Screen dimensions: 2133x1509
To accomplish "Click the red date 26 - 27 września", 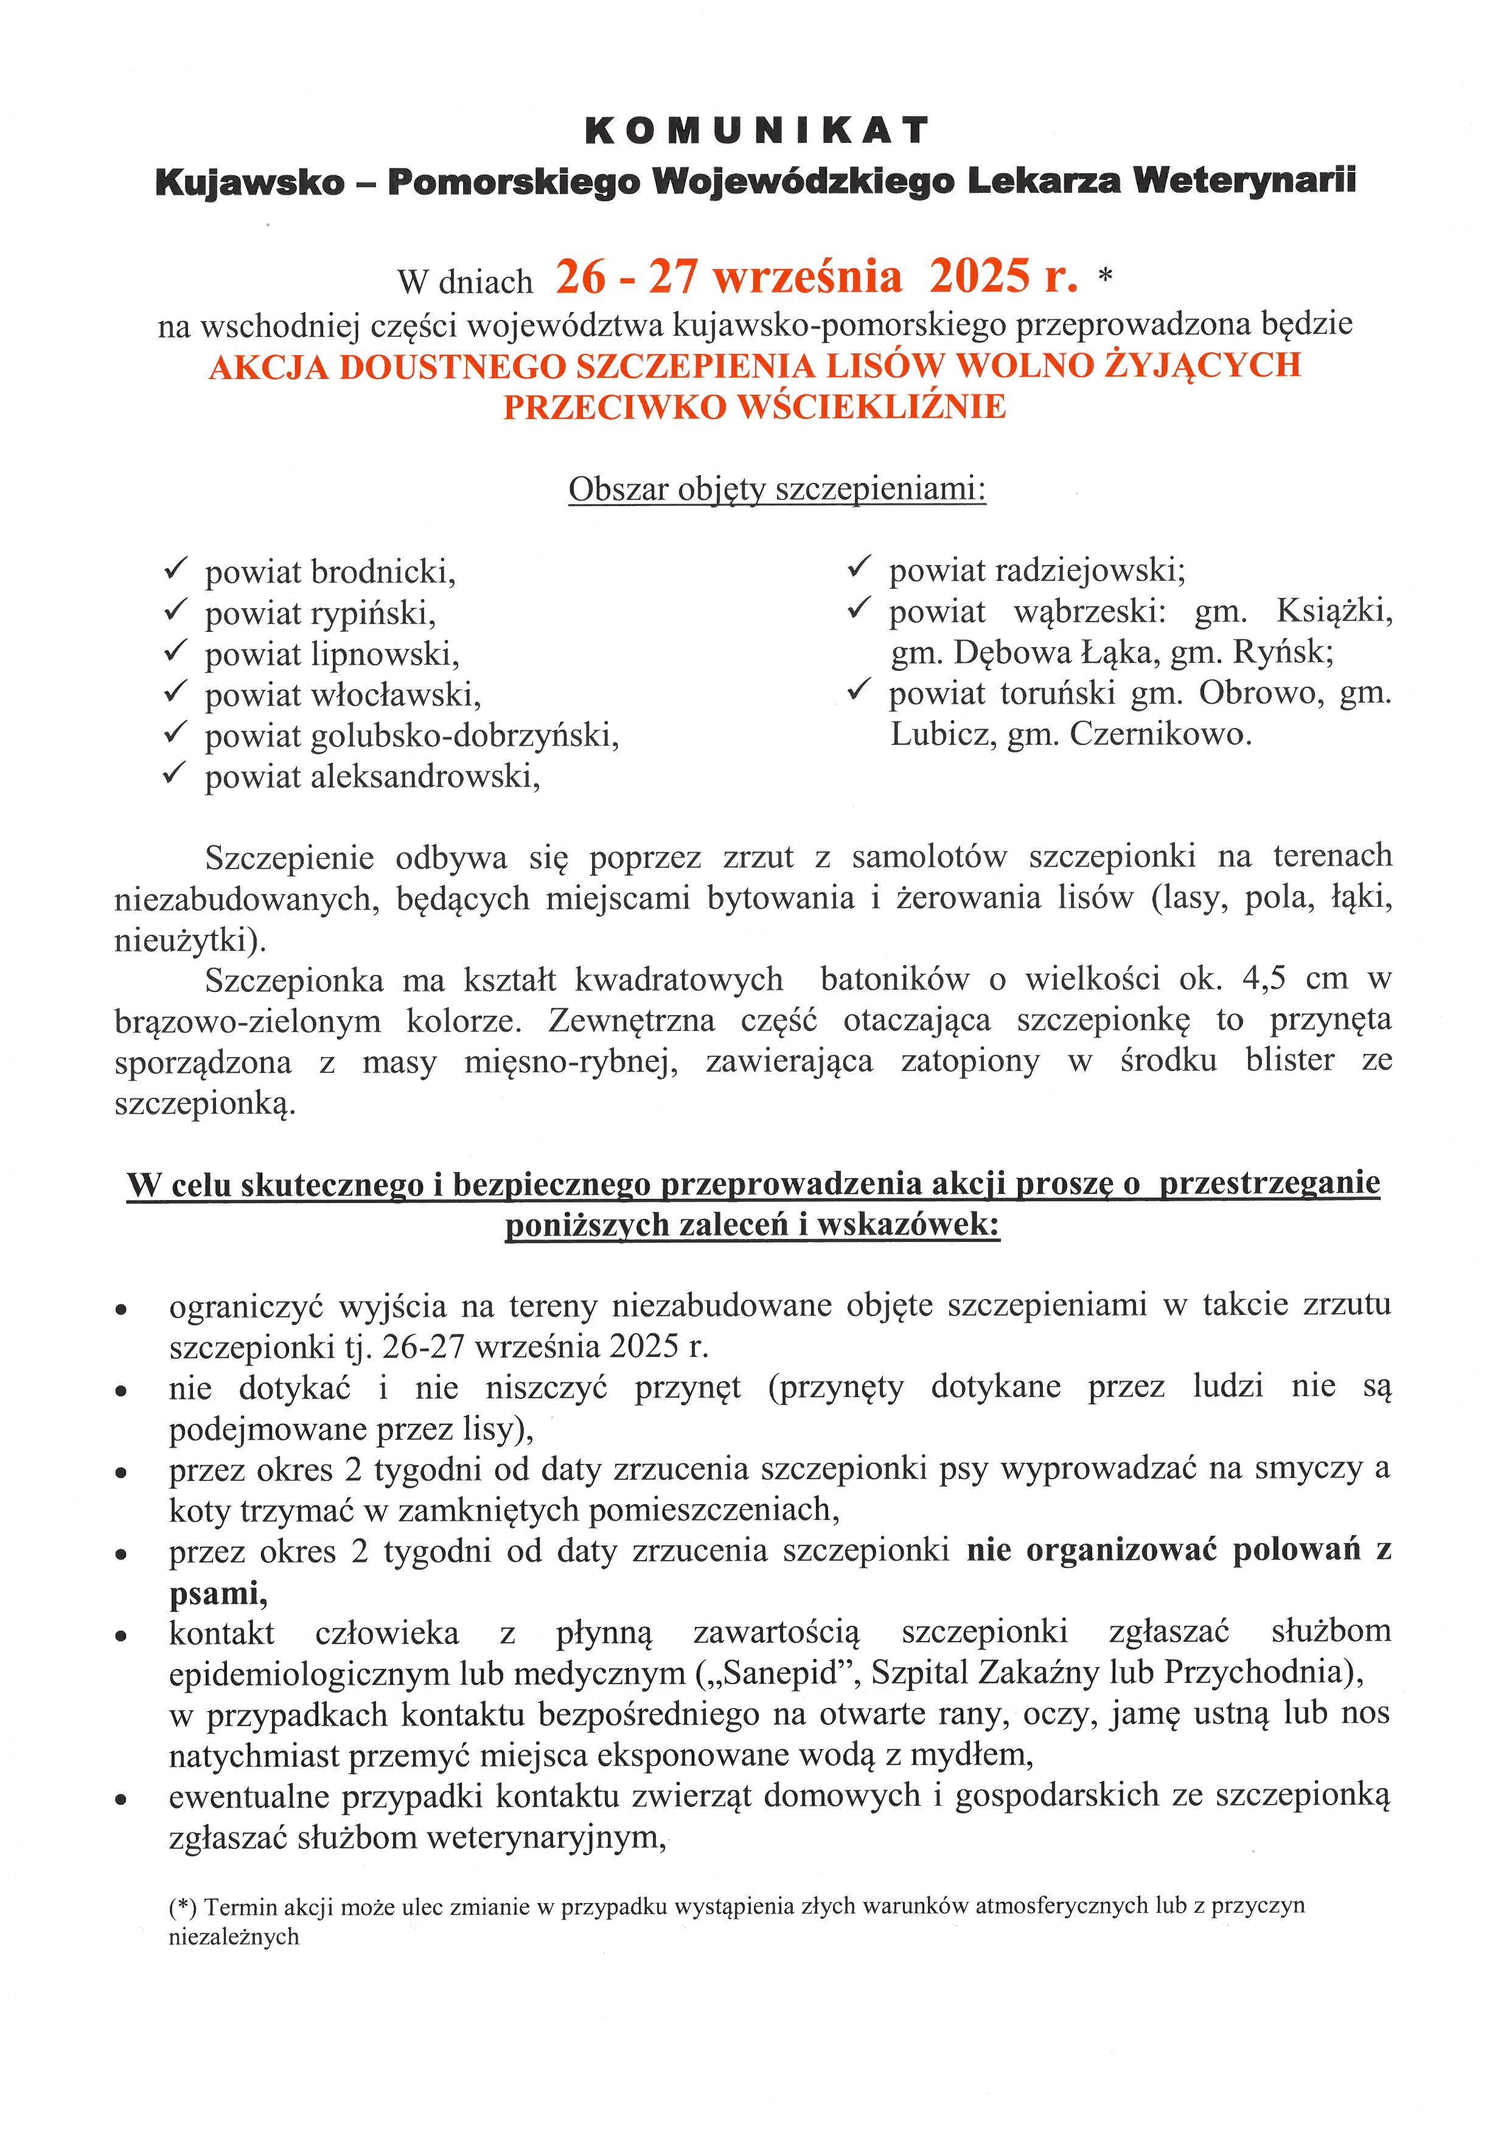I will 728,277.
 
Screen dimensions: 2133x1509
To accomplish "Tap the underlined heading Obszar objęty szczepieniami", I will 777,488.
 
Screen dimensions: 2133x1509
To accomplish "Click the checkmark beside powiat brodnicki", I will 176,569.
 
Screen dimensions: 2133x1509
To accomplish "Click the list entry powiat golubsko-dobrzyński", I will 412,736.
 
